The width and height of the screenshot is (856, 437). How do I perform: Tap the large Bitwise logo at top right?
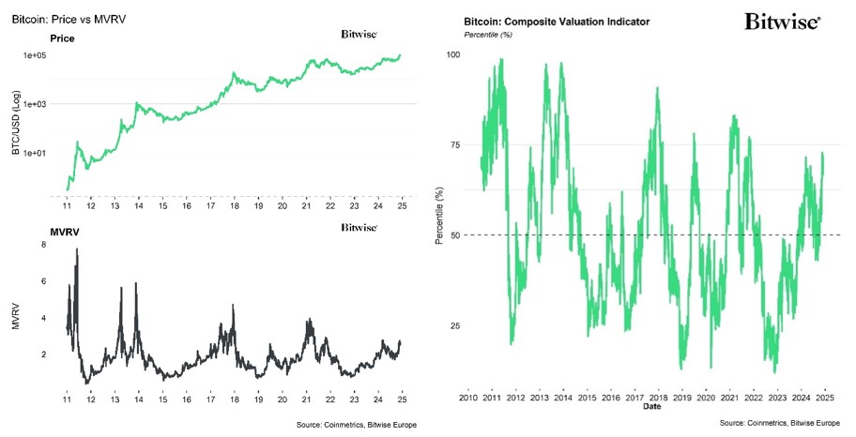coord(782,22)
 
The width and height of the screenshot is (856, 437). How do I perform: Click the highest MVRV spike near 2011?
coord(76,251)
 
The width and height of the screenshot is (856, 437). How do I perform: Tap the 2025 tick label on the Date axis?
coord(824,398)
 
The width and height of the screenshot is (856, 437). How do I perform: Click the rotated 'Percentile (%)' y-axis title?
coord(439,216)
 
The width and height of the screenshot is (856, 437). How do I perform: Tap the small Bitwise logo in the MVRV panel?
coord(359,228)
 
